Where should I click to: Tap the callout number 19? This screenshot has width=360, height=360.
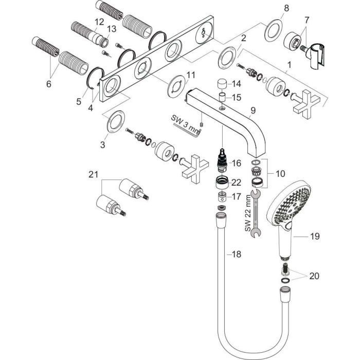(315, 237)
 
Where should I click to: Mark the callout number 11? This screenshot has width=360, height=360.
(191, 75)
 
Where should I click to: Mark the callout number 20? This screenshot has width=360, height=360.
(314, 276)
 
